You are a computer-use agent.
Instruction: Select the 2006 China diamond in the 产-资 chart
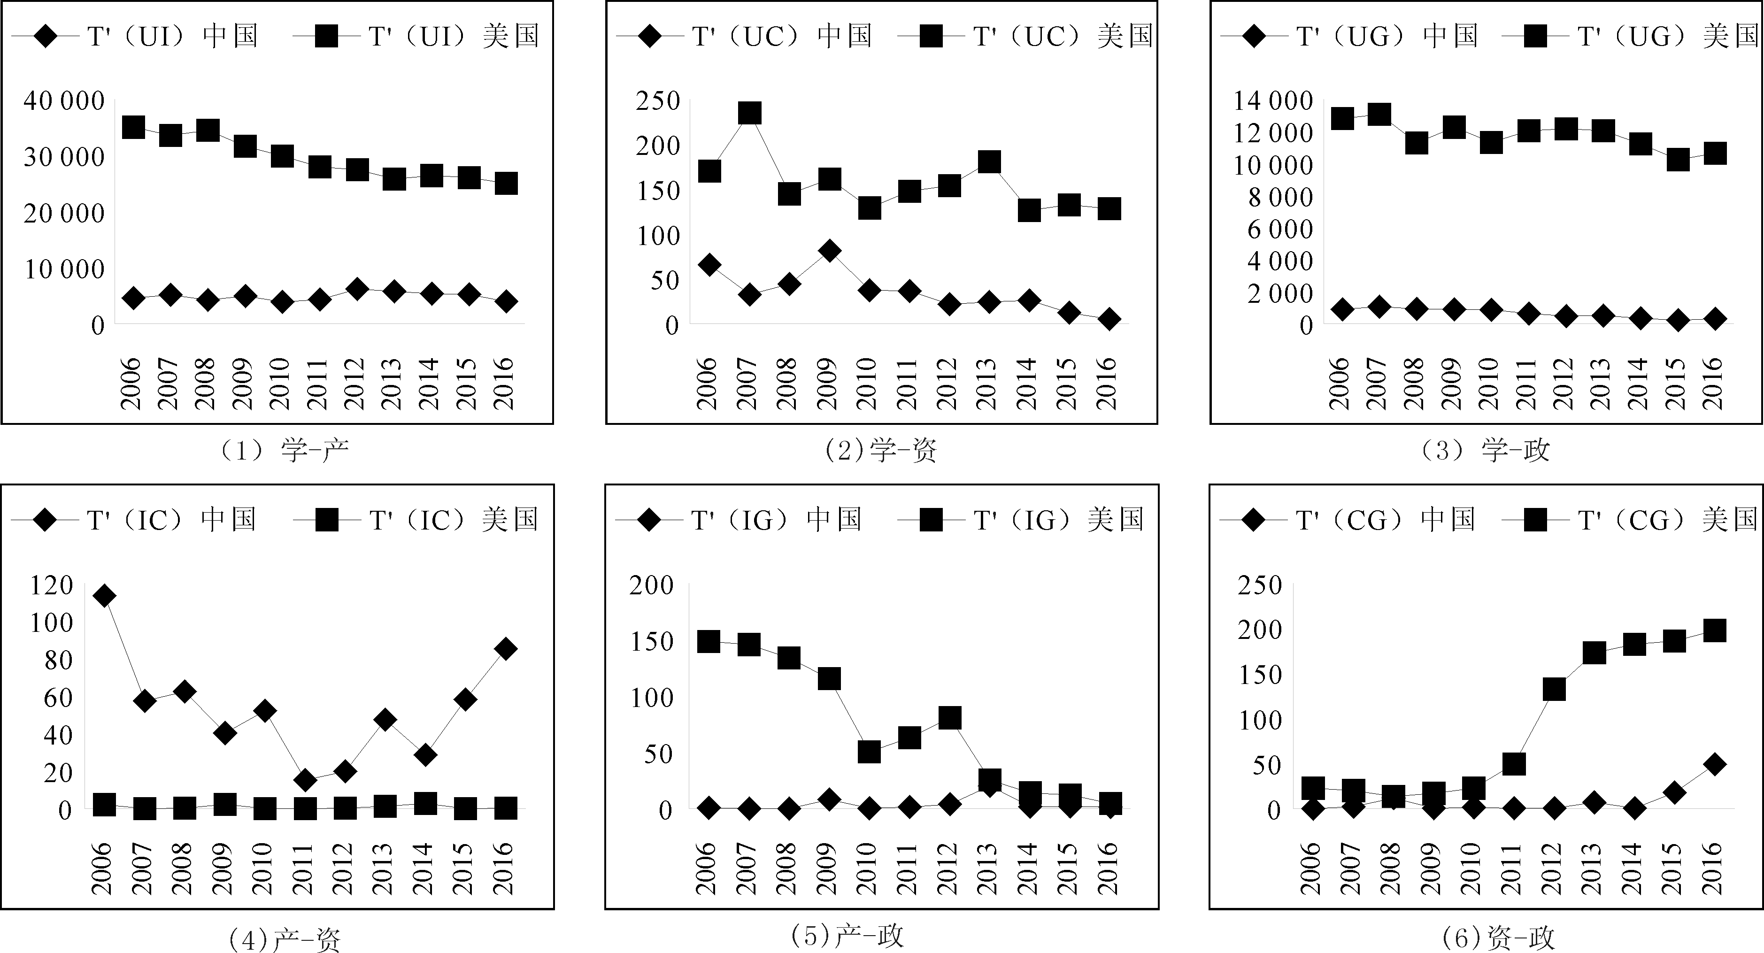click(x=104, y=596)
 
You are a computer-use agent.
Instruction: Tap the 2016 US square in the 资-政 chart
click(x=1714, y=630)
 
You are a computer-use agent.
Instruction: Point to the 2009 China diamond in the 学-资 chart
click(x=829, y=251)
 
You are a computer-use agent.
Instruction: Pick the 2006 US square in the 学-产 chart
click(x=133, y=127)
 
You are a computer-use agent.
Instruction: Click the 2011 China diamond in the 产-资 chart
click(x=305, y=780)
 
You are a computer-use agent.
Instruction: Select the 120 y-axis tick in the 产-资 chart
click(x=51, y=585)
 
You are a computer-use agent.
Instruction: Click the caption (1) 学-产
click(x=284, y=450)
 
